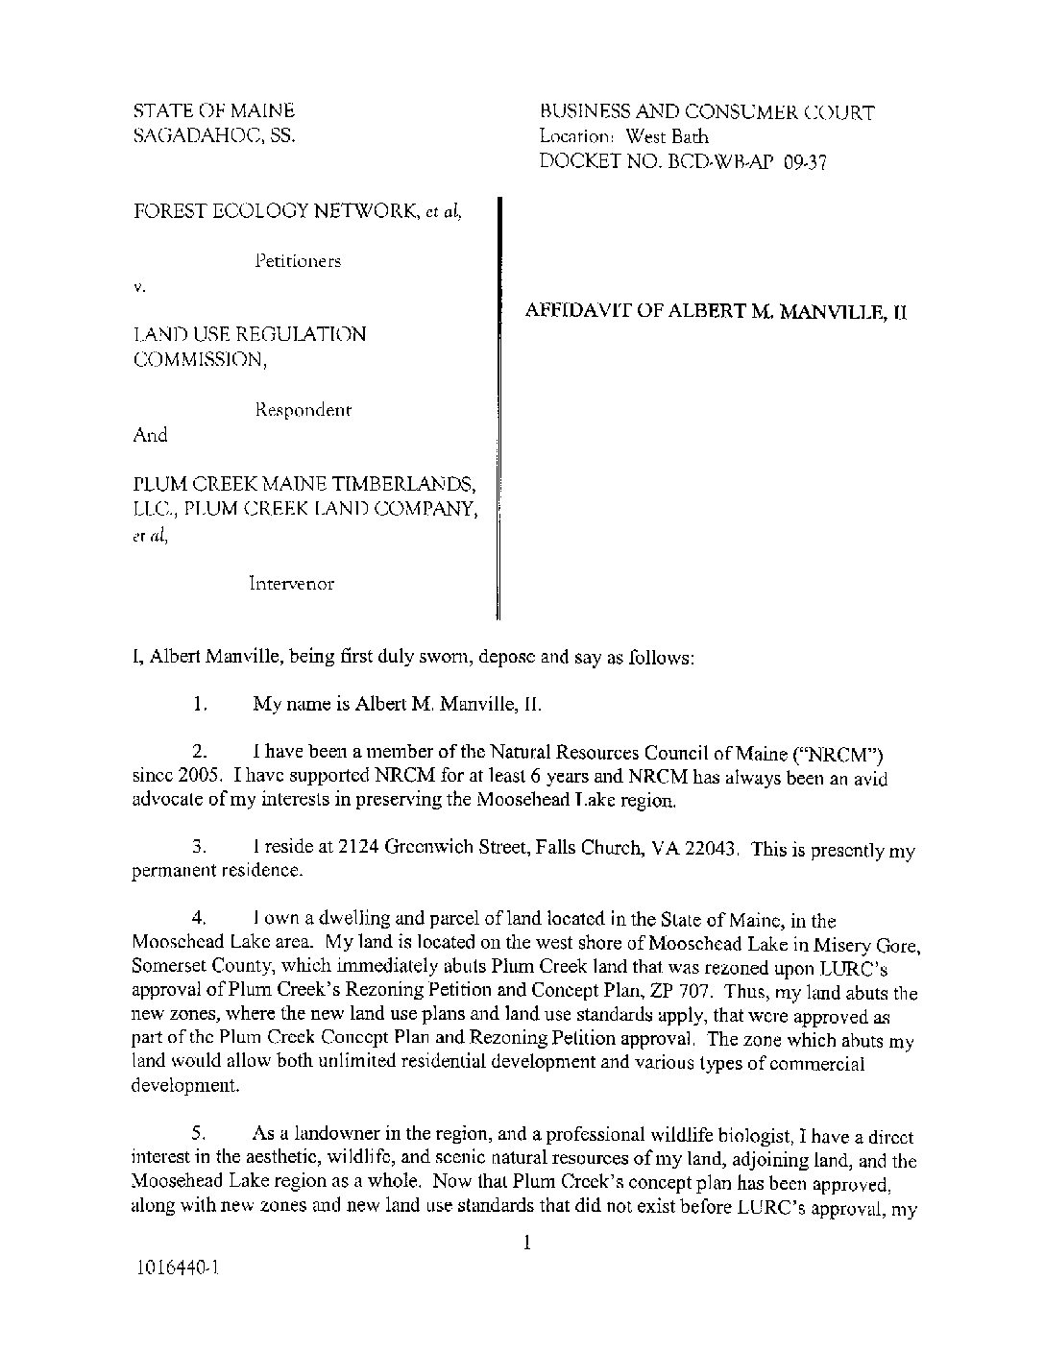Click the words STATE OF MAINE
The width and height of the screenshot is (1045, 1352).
pyautogui.click(x=213, y=111)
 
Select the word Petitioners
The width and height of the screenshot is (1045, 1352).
pyautogui.click(x=298, y=260)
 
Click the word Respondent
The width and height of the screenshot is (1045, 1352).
pyautogui.click(x=303, y=410)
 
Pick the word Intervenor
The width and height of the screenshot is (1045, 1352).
pyautogui.click(x=291, y=583)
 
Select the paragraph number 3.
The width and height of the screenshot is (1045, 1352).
pyautogui.click(x=199, y=848)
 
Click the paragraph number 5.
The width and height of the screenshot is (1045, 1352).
pyautogui.click(x=199, y=1134)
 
